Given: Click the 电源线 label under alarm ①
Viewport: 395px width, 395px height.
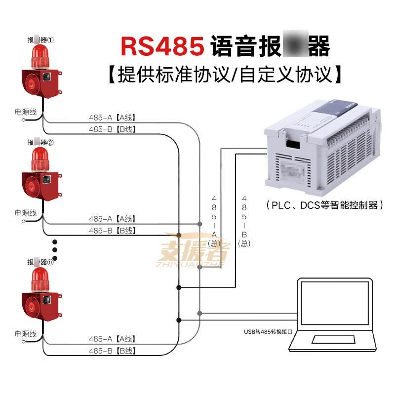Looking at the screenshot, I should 26,112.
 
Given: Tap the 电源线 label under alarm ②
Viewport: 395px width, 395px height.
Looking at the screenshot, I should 26,213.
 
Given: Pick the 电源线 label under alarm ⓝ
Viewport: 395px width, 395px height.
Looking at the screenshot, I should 26,334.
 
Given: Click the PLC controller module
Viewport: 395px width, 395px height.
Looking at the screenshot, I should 321,148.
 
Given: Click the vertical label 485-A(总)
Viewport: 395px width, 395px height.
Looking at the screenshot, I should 214,220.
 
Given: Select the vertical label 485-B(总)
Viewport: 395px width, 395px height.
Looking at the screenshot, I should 244,220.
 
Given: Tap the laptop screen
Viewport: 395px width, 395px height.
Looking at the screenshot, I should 334,304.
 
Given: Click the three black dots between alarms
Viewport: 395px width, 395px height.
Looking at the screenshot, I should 55,250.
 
